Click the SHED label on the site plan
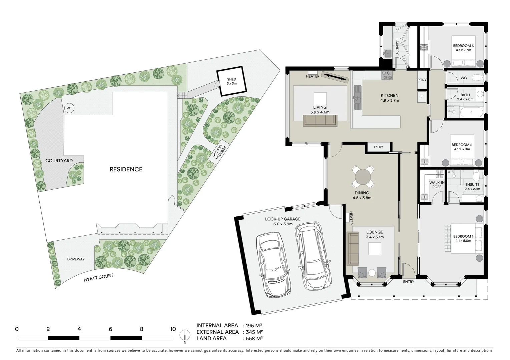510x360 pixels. tap(231, 79)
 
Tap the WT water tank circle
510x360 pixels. tap(69, 108)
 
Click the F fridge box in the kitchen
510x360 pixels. tap(421, 97)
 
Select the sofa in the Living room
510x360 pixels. tap(320, 121)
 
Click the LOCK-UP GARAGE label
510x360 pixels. tap(283, 219)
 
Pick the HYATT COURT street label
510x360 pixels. tap(98, 278)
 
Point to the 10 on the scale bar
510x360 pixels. tap(172, 329)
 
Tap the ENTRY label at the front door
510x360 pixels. tap(408, 282)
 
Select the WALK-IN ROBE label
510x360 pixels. tap(437, 185)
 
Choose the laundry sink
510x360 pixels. tap(387, 53)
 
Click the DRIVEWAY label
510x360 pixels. tap(76, 259)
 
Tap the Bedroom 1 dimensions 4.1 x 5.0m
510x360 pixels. tap(462, 240)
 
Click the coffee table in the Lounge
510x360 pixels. tap(374, 248)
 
